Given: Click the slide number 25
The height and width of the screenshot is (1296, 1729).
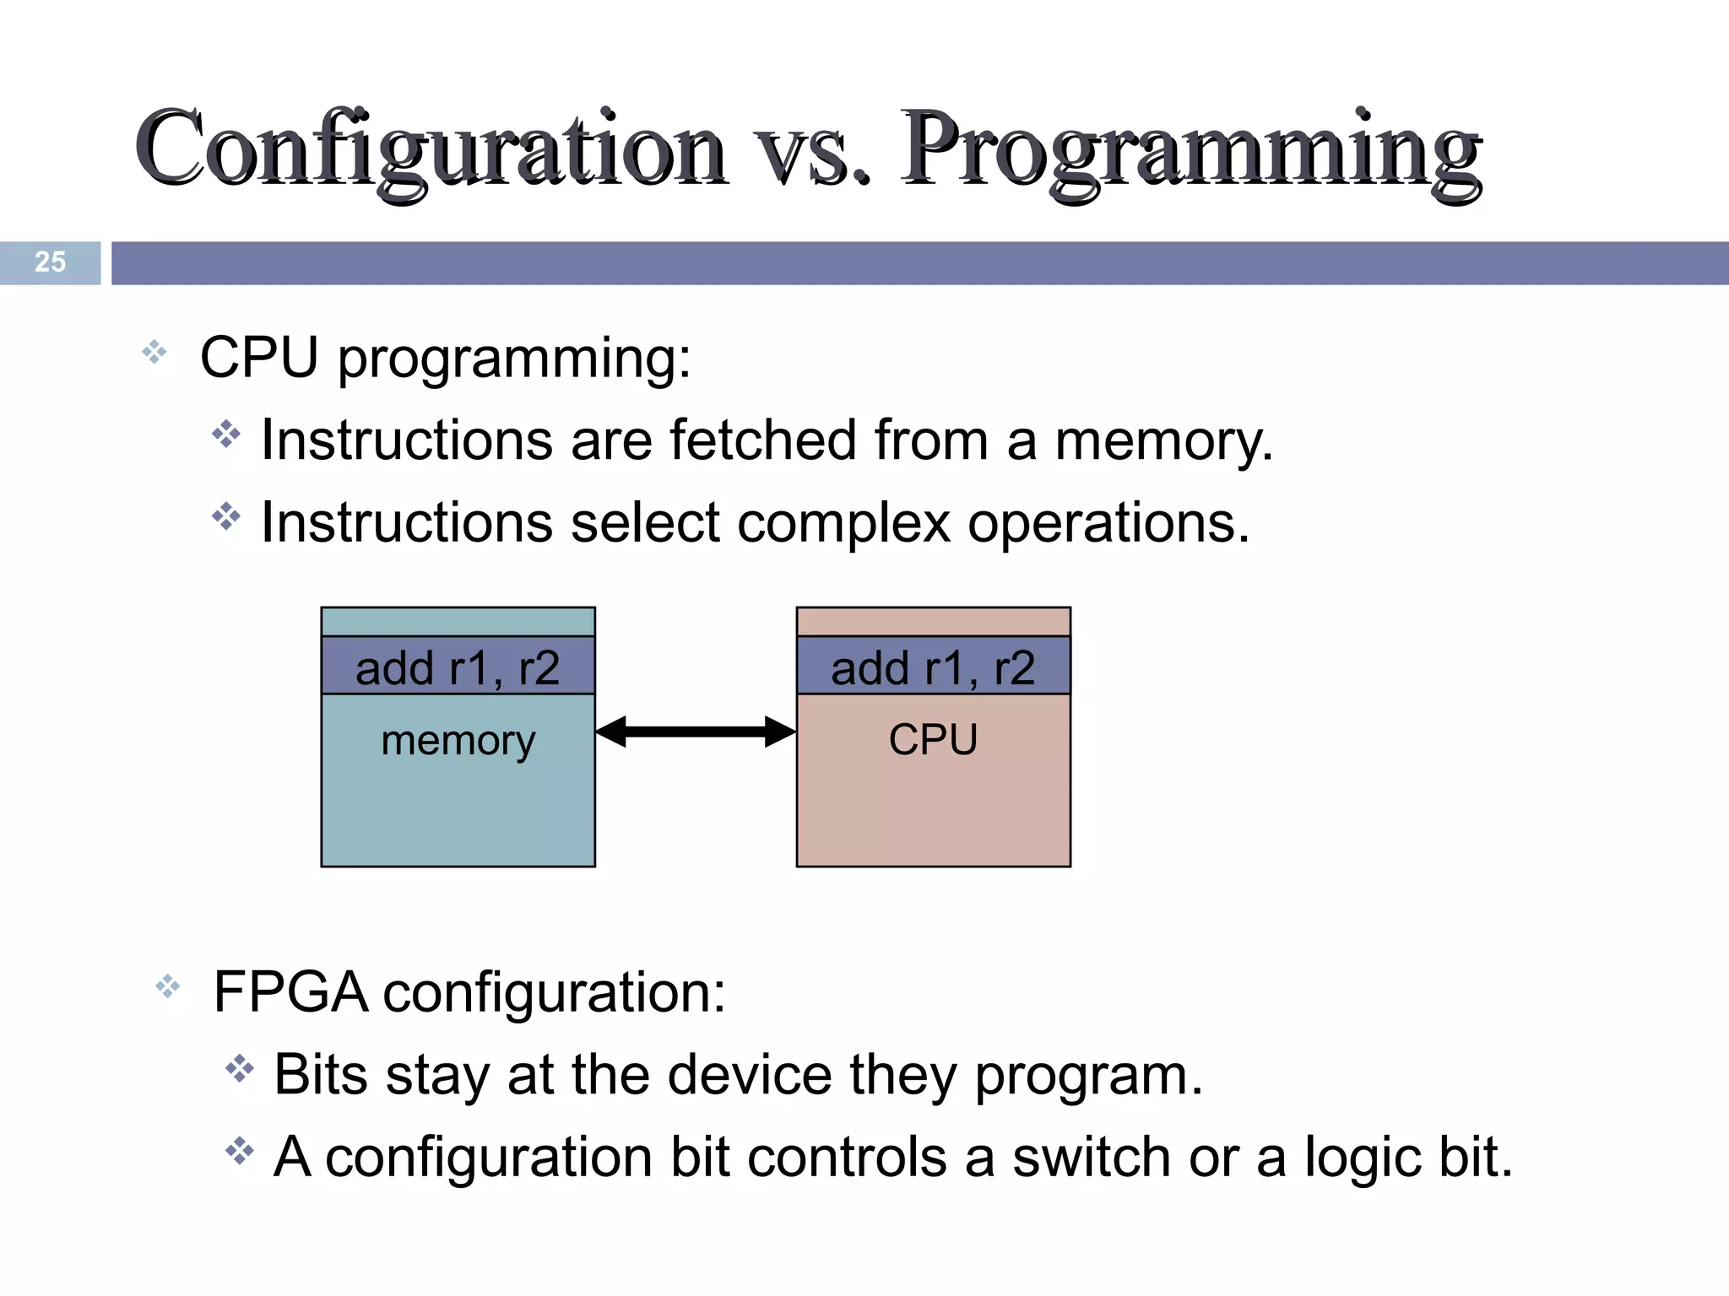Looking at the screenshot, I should tap(50, 262).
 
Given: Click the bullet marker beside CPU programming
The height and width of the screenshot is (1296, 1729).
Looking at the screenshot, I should tap(154, 352).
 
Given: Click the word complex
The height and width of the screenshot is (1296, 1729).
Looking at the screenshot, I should tap(843, 523).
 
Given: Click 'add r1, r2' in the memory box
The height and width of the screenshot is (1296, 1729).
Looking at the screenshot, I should tap(458, 667).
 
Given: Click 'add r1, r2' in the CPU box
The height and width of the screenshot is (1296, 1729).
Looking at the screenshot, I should tap(933, 667).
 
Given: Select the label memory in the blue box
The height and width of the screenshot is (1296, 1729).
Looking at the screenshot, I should tap(458, 741).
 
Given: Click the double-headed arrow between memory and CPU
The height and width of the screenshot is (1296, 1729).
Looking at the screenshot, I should tap(696, 732).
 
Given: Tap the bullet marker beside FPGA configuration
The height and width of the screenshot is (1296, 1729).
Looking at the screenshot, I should tap(168, 985).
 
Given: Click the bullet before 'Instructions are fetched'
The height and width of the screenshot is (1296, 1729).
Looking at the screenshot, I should tap(226, 435).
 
